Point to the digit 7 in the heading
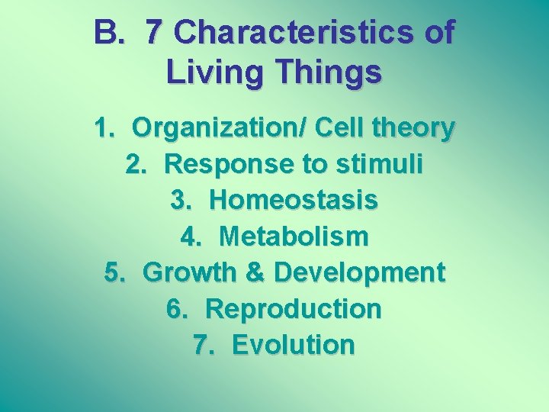(x=154, y=33)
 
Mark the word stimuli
(x=379, y=164)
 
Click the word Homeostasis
(x=293, y=201)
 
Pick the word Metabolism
(x=293, y=237)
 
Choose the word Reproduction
(x=294, y=309)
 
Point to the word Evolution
(x=294, y=345)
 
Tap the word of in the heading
(x=438, y=33)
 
